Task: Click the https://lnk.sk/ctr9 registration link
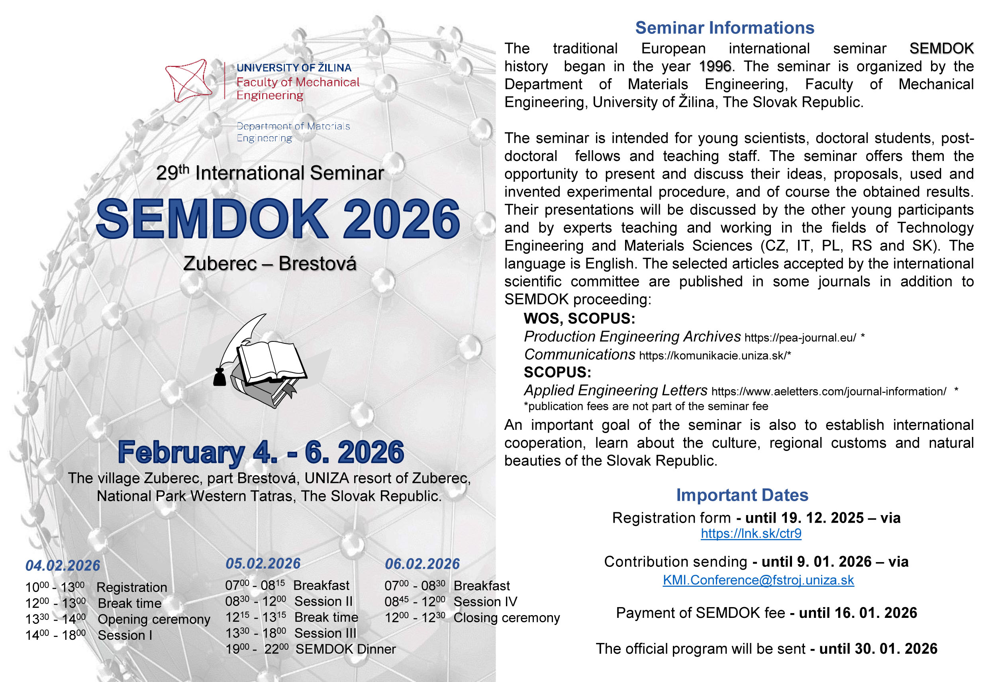pyautogui.click(x=751, y=533)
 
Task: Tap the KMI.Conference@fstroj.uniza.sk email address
pyautogui.click(x=758, y=580)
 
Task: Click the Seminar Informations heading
pyautogui.click(x=725, y=28)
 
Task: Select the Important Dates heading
pyautogui.click(x=742, y=495)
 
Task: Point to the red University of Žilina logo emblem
pyautogui.click(x=188, y=80)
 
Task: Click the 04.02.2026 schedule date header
pyautogui.click(x=63, y=565)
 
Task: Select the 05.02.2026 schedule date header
pyautogui.click(x=263, y=563)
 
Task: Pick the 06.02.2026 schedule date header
pyautogui.click(x=422, y=564)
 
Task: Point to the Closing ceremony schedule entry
pyautogui.click(x=506, y=617)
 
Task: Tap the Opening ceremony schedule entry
pyautogui.click(x=154, y=619)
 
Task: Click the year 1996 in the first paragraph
pyautogui.click(x=715, y=66)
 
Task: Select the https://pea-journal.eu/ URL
pyautogui.click(x=800, y=337)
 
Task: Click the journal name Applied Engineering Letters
pyautogui.click(x=616, y=390)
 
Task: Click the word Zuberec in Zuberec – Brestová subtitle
pyautogui.click(x=220, y=263)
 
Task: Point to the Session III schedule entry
pyautogui.click(x=325, y=633)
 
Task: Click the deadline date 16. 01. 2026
pyautogui.click(x=858, y=613)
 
